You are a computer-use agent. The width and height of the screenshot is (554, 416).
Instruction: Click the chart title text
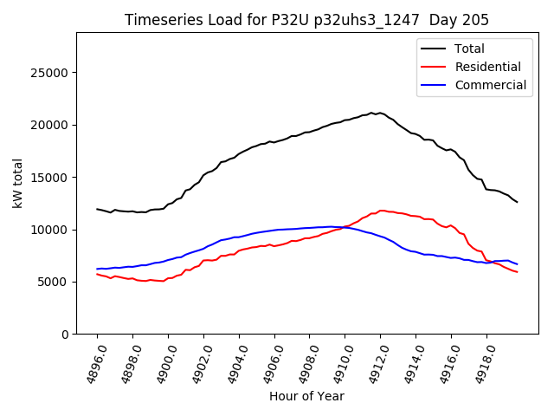306,20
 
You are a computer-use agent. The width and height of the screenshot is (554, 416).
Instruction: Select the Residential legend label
487,67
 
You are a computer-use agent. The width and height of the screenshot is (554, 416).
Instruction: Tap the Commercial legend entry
490,85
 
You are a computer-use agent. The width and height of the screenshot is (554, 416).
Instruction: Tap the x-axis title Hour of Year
306,396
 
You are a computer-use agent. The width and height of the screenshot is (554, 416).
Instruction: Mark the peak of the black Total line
372,113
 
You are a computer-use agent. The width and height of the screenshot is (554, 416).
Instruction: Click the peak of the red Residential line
381,211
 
